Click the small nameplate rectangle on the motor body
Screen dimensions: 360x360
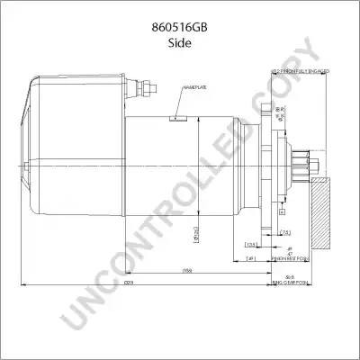click(179, 116)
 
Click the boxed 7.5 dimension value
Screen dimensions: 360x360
click(284, 232)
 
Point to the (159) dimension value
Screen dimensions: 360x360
click(188, 270)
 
